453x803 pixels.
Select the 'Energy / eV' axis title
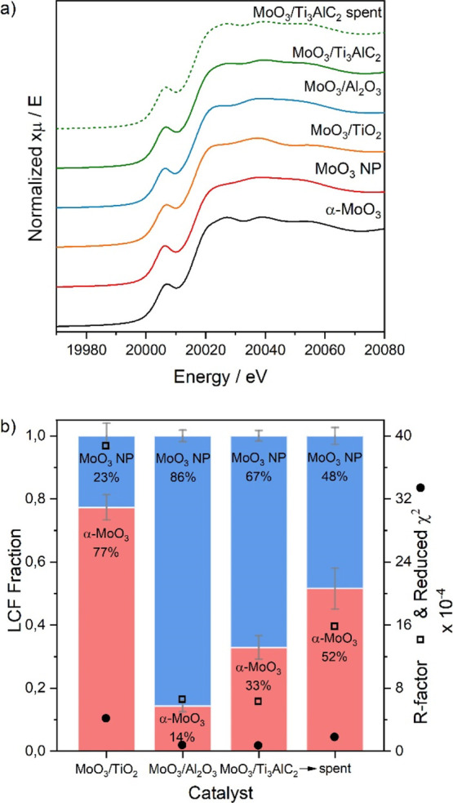[x=220, y=377]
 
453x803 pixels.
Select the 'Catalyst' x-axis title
[x=220, y=792]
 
